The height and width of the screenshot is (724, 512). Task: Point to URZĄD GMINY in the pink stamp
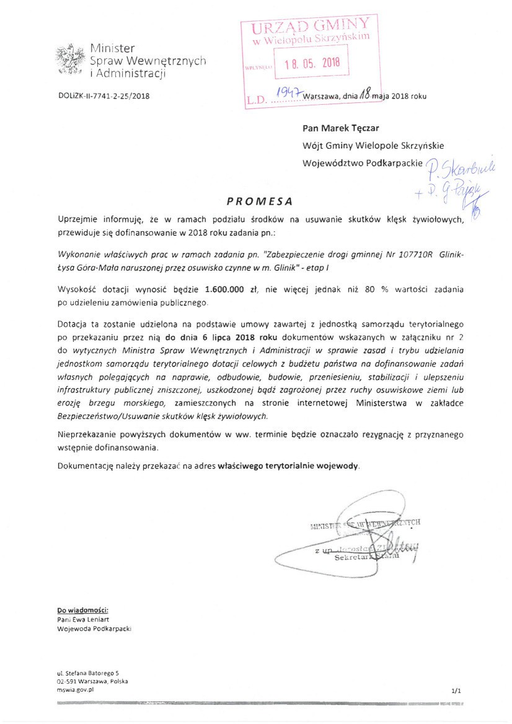pyautogui.click(x=311, y=25)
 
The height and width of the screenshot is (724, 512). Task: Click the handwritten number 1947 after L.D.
pyautogui.click(x=287, y=93)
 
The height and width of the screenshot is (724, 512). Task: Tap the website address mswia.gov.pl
pyautogui.click(x=74, y=689)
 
